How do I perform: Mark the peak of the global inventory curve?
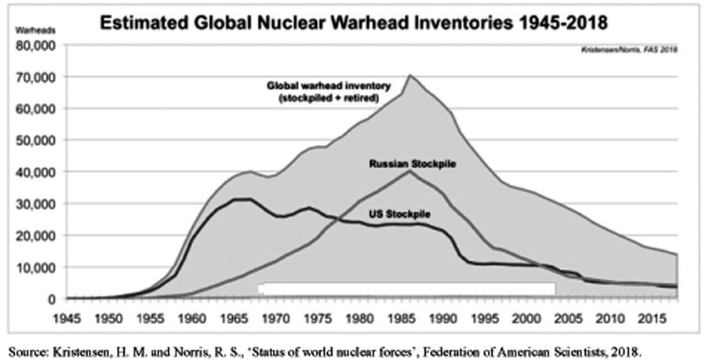[409, 76]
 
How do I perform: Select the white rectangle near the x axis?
[406, 288]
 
